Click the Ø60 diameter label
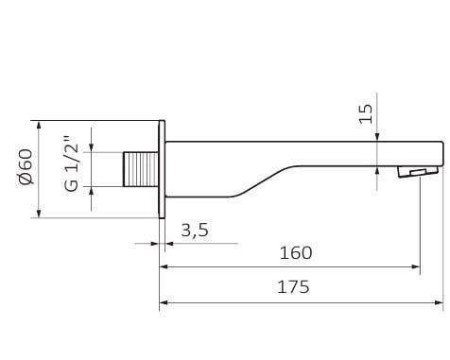(26, 166)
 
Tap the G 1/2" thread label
(71, 163)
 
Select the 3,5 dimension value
(195, 230)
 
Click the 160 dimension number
(296, 252)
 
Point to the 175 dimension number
(293, 287)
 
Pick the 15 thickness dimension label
(366, 113)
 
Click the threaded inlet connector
(141, 169)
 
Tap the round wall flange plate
(162, 169)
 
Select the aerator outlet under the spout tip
(418, 172)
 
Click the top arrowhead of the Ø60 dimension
(39, 125)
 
